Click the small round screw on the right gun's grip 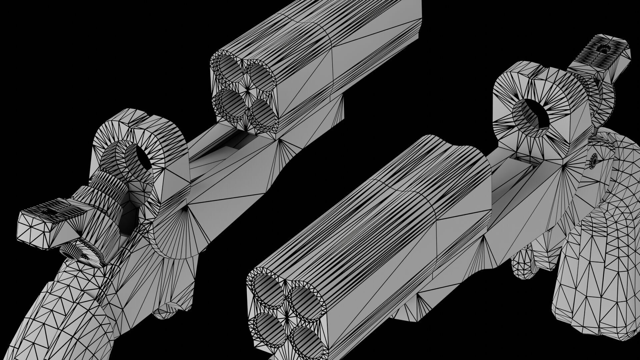pyautogui.click(x=594, y=162)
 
